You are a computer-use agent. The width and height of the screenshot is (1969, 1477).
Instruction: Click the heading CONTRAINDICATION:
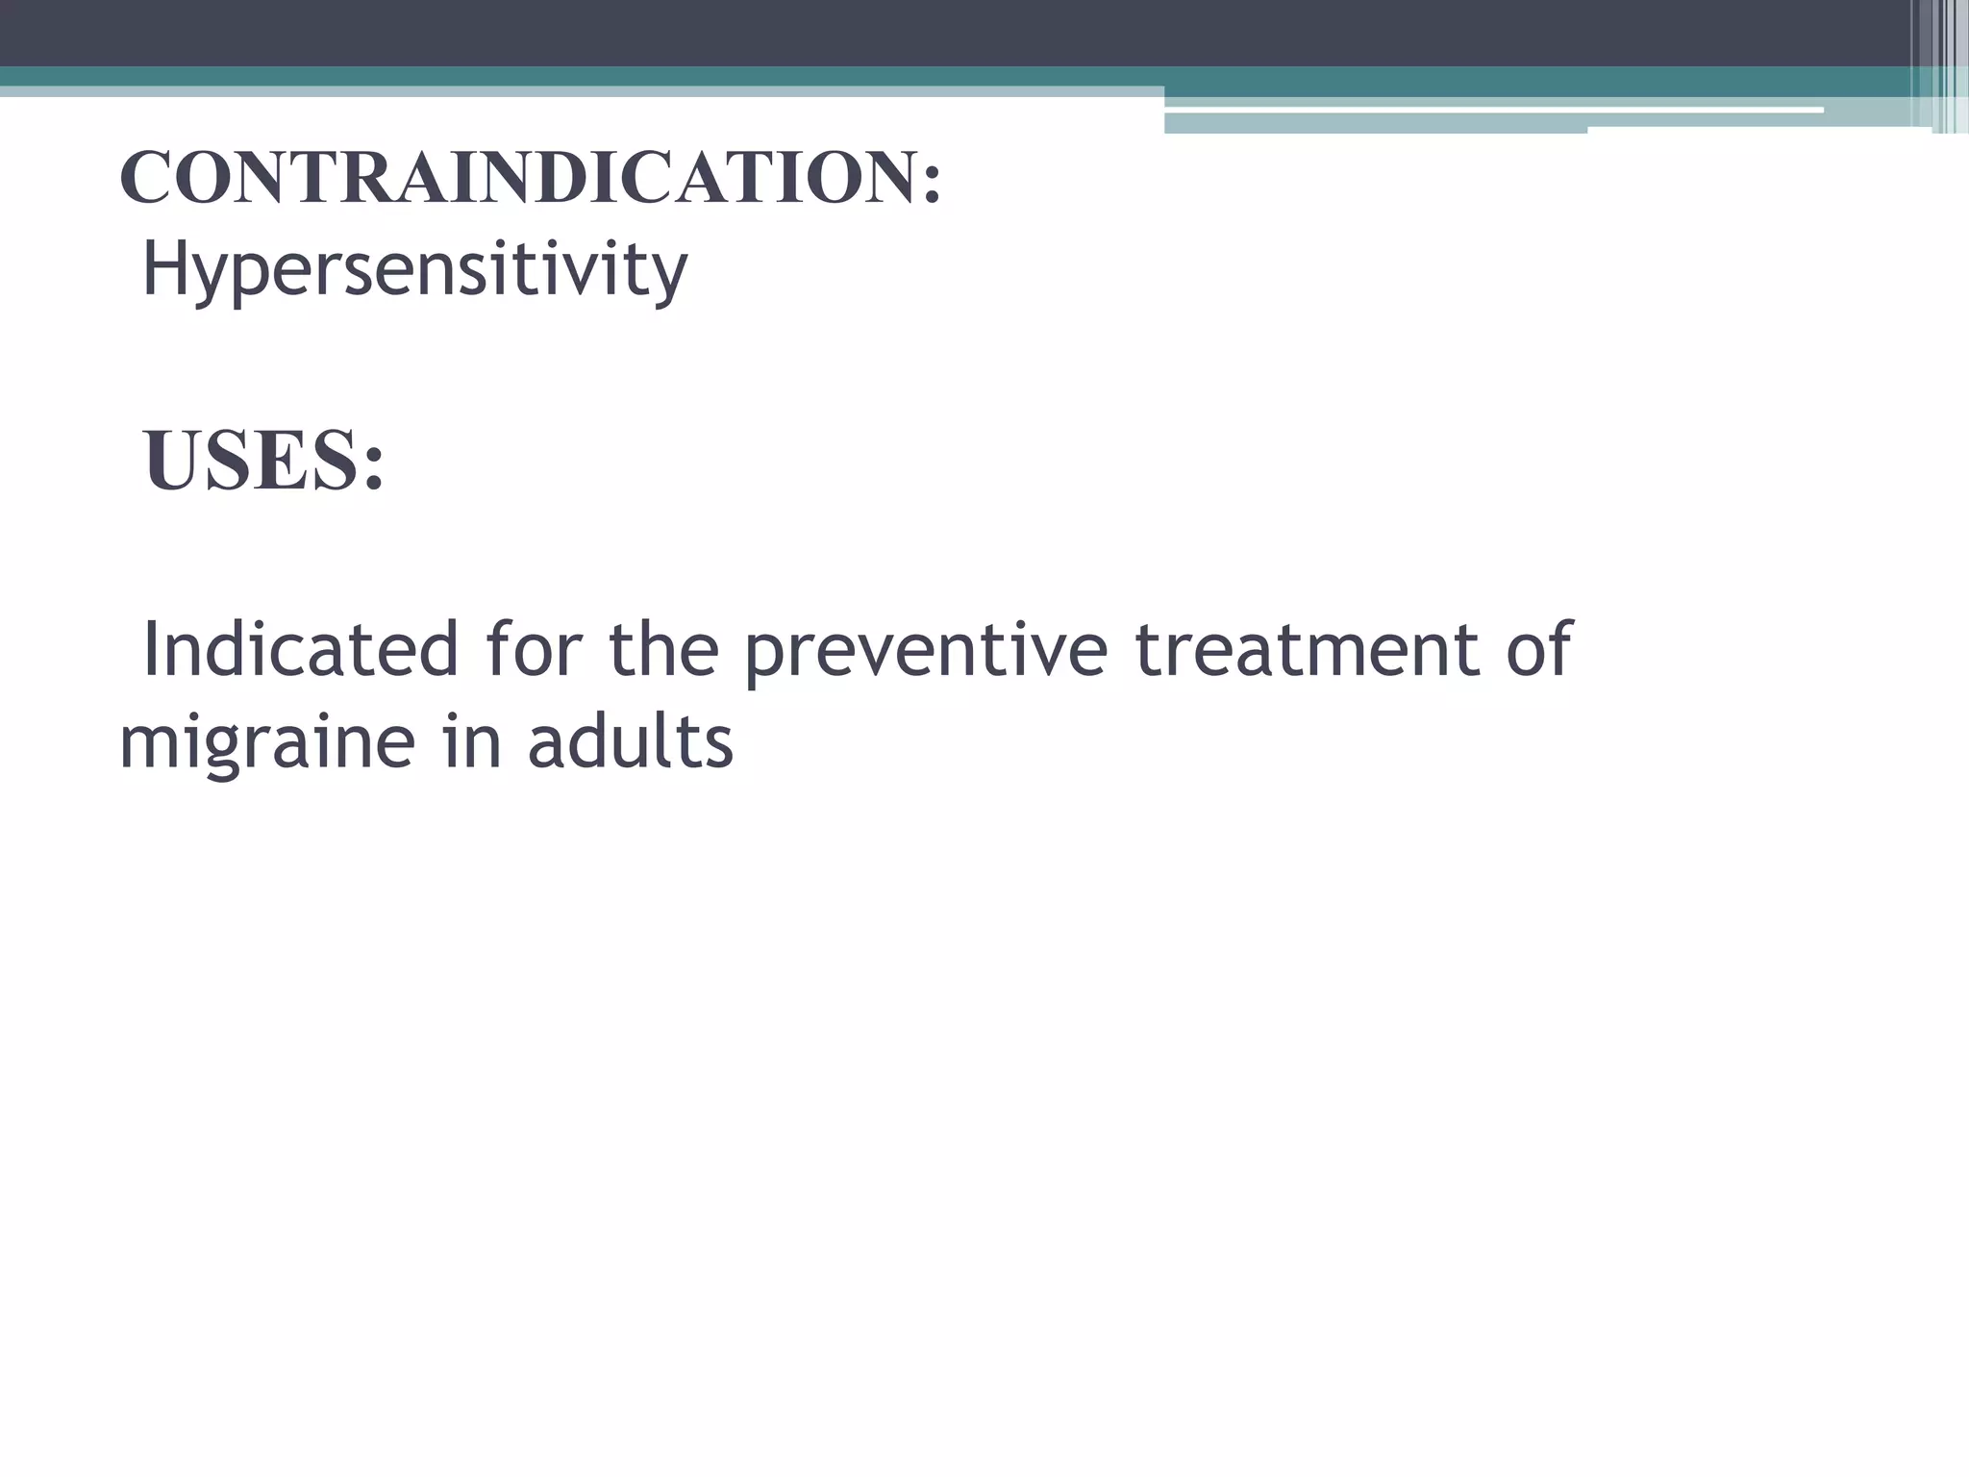(x=530, y=179)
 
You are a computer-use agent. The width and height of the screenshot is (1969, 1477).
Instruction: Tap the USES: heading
(x=263, y=462)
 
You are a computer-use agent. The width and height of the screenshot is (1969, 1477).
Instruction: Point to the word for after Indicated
(x=534, y=650)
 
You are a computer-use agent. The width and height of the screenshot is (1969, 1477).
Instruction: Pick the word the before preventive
(x=663, y=650)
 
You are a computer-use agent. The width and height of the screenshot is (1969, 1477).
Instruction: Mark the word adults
(x=630, y=742)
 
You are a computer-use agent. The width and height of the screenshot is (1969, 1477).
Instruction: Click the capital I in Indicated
(x=150, y=650)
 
